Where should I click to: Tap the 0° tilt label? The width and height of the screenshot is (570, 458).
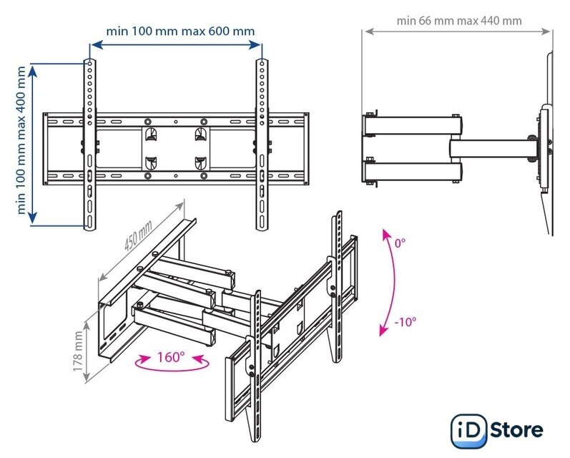400,243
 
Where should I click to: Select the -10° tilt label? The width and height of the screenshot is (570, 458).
406,322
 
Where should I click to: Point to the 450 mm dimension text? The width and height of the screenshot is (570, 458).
138,236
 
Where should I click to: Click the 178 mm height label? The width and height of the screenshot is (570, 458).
78,351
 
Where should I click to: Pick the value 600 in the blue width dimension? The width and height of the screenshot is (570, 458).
219,31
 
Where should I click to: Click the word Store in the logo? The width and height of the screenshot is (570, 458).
516,430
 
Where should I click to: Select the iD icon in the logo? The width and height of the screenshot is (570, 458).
468,432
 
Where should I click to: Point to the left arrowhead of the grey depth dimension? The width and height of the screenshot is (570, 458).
369,31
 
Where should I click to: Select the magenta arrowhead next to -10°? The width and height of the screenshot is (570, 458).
383,331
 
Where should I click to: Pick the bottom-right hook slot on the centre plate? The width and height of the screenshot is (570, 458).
200,163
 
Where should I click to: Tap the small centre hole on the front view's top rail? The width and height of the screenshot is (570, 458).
176,122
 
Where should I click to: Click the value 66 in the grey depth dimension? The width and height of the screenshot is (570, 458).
426,21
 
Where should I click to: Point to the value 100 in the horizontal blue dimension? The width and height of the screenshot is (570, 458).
142,31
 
